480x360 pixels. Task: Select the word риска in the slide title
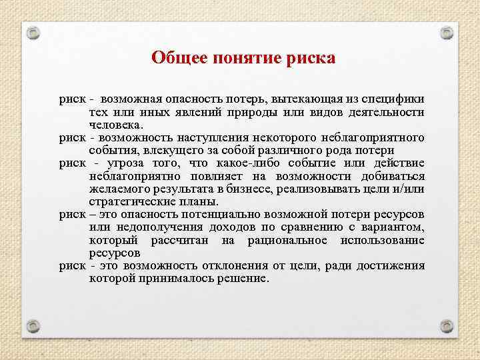[311, 58]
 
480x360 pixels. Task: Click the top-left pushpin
[34, 31]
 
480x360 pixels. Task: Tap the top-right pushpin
[447, 31]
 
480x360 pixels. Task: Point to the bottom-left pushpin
[34, 326]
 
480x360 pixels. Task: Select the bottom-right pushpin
[447, 326]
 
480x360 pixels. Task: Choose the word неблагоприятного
[374, 137]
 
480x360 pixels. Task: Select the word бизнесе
[237, 189]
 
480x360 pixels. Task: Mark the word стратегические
[131, 201]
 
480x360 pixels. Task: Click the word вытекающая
[290, 99]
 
